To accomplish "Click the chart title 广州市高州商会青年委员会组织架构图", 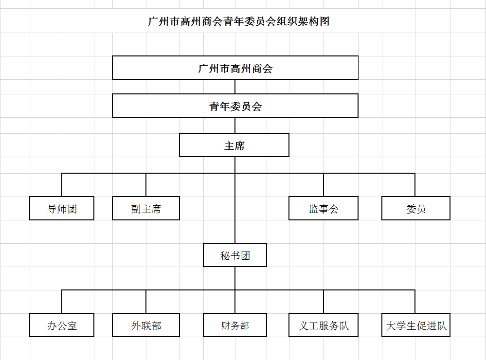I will pyautogui.click(x=238, y=21).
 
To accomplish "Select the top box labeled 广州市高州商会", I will pyautogui.click(x=235, y=68).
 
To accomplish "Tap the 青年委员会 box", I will pyautogui.click(x=235, y=106).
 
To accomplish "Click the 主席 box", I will pyautogui.click(x=234, y=145).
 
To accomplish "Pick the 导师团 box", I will pyautogui.click(x=62, y=208).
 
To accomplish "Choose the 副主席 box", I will pyautogui.click(x=146, y=208).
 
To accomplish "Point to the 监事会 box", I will pyautogui.click(x=324, y=208).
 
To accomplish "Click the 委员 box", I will pyautogui.click(x=415, y=208).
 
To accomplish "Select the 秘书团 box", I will pyautogui.click(x=235, y=255).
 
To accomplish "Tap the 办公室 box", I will pyautogui.click(x=62, y=325).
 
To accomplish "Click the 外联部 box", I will pyautogui.click(x=146, y=325).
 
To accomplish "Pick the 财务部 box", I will pyautogui.click(x=235, y=325).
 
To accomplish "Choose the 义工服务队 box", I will pyautogui.click(x=324, y=325).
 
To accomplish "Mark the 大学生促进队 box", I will pyautogui.click(x=415, y=325).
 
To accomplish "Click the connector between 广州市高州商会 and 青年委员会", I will pyautogui.click(x=235, y=87).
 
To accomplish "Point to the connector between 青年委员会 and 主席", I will pyautogui.click(x=235, y=125).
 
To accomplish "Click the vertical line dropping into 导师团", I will pyautogui.click(x=62, y=185).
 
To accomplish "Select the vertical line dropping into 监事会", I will pyautogui.click(x=324, y=185).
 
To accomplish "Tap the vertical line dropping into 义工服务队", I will pyautogui.click(x=324, y=302).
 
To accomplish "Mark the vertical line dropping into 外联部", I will pyautogui.click(x=146, y=302).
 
